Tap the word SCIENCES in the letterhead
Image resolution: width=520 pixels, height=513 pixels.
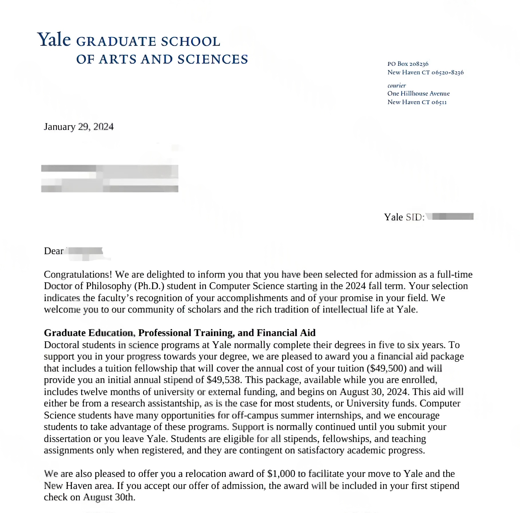(213, 59)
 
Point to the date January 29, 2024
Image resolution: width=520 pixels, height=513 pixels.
(79, 127)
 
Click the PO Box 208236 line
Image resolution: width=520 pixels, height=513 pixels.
(408, 64)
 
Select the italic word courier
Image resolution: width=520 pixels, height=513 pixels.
(396, 86)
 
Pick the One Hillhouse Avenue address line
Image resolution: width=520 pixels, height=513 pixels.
(418, 94)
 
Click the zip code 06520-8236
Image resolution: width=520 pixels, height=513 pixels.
(447, 72)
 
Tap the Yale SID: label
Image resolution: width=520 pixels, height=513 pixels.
(404, 217)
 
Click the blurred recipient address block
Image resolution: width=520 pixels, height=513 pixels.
(110, 178)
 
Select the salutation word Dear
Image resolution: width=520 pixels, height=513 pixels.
(53, 251)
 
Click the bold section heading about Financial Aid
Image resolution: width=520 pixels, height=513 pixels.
(180, 333)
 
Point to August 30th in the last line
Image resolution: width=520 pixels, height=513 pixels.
(109, 497)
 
